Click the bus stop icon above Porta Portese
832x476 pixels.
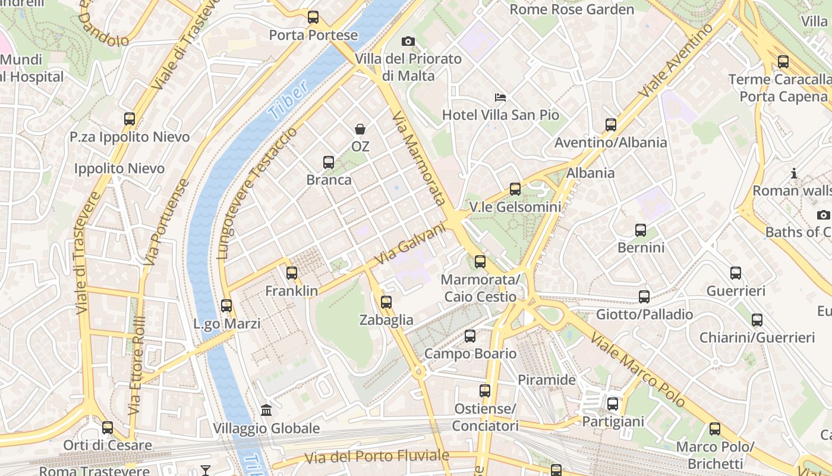(313, 17)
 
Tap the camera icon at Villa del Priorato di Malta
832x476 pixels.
(408, 41)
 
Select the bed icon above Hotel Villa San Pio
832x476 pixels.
(500, 97)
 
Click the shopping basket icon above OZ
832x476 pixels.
(360, 129)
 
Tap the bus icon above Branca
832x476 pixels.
(328, 162)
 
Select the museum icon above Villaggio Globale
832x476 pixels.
(266, 411)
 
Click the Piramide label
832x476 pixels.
(547, 380)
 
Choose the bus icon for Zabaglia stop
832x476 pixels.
(386, 302)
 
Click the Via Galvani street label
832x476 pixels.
(411, 244)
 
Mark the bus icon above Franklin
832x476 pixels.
(291, 273)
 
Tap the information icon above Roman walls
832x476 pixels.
(794, 173)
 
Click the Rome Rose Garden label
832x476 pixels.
(572, 10)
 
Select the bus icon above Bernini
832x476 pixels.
(641, 230)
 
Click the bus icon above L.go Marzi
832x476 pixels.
(226, 306)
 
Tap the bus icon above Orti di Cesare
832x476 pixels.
(108, 428)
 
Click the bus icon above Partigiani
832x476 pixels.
(613, 404)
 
